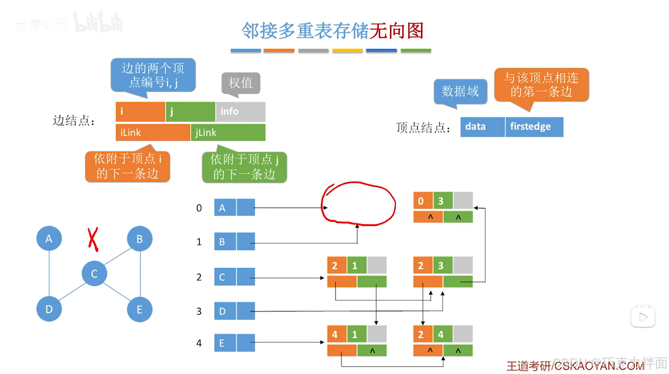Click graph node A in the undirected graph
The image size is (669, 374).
49,238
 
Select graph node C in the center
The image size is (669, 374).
94,273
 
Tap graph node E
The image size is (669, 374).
140,309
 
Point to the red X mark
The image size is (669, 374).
93,239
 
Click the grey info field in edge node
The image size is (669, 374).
241,111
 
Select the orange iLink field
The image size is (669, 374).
153,132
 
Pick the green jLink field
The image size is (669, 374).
228,132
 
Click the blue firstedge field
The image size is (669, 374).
534,126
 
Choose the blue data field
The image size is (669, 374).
482,126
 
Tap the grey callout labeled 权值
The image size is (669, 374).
241,83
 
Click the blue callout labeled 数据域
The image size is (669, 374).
460,91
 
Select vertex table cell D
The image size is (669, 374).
225,311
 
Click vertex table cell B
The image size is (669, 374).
225,242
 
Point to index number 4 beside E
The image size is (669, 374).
199,343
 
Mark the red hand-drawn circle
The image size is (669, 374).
358,203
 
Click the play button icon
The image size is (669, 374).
643,317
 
